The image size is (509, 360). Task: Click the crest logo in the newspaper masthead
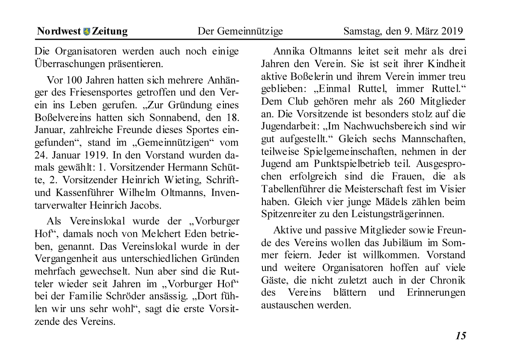click(87, 31)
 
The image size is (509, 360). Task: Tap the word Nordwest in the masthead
click(59, 31)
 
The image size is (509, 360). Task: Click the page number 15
click(460, 336)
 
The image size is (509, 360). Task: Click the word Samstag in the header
click(361, 31)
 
